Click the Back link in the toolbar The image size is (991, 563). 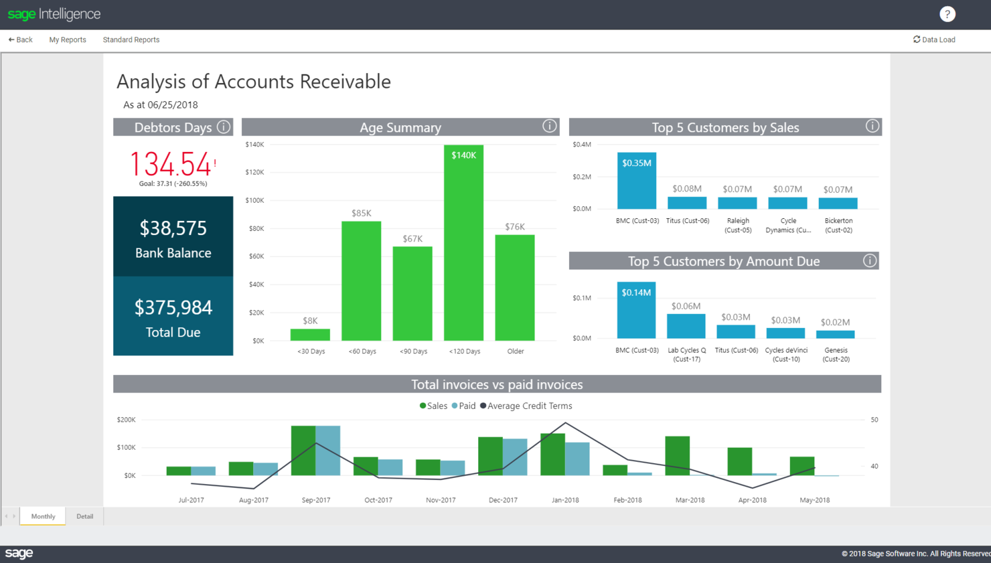(20, 39)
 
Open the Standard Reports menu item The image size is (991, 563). (131, 39)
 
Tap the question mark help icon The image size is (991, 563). (947, 14)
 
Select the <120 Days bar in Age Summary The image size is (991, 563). (463, 248)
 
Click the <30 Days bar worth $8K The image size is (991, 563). (310, 335)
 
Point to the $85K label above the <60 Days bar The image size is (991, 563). (362, 213)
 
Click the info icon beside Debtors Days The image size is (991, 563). (224, 127)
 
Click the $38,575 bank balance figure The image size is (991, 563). (173, 228)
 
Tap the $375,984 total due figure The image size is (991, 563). (173, 307)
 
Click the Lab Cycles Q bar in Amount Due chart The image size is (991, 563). (686, 326)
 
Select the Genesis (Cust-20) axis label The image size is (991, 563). (836, 354)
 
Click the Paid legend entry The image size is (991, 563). (463, 406)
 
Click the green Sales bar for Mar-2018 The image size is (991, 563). (677, 456)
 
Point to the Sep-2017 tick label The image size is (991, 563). (316, 499)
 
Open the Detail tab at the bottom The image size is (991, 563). (84, 516)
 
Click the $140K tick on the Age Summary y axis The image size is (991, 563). (254, 145)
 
